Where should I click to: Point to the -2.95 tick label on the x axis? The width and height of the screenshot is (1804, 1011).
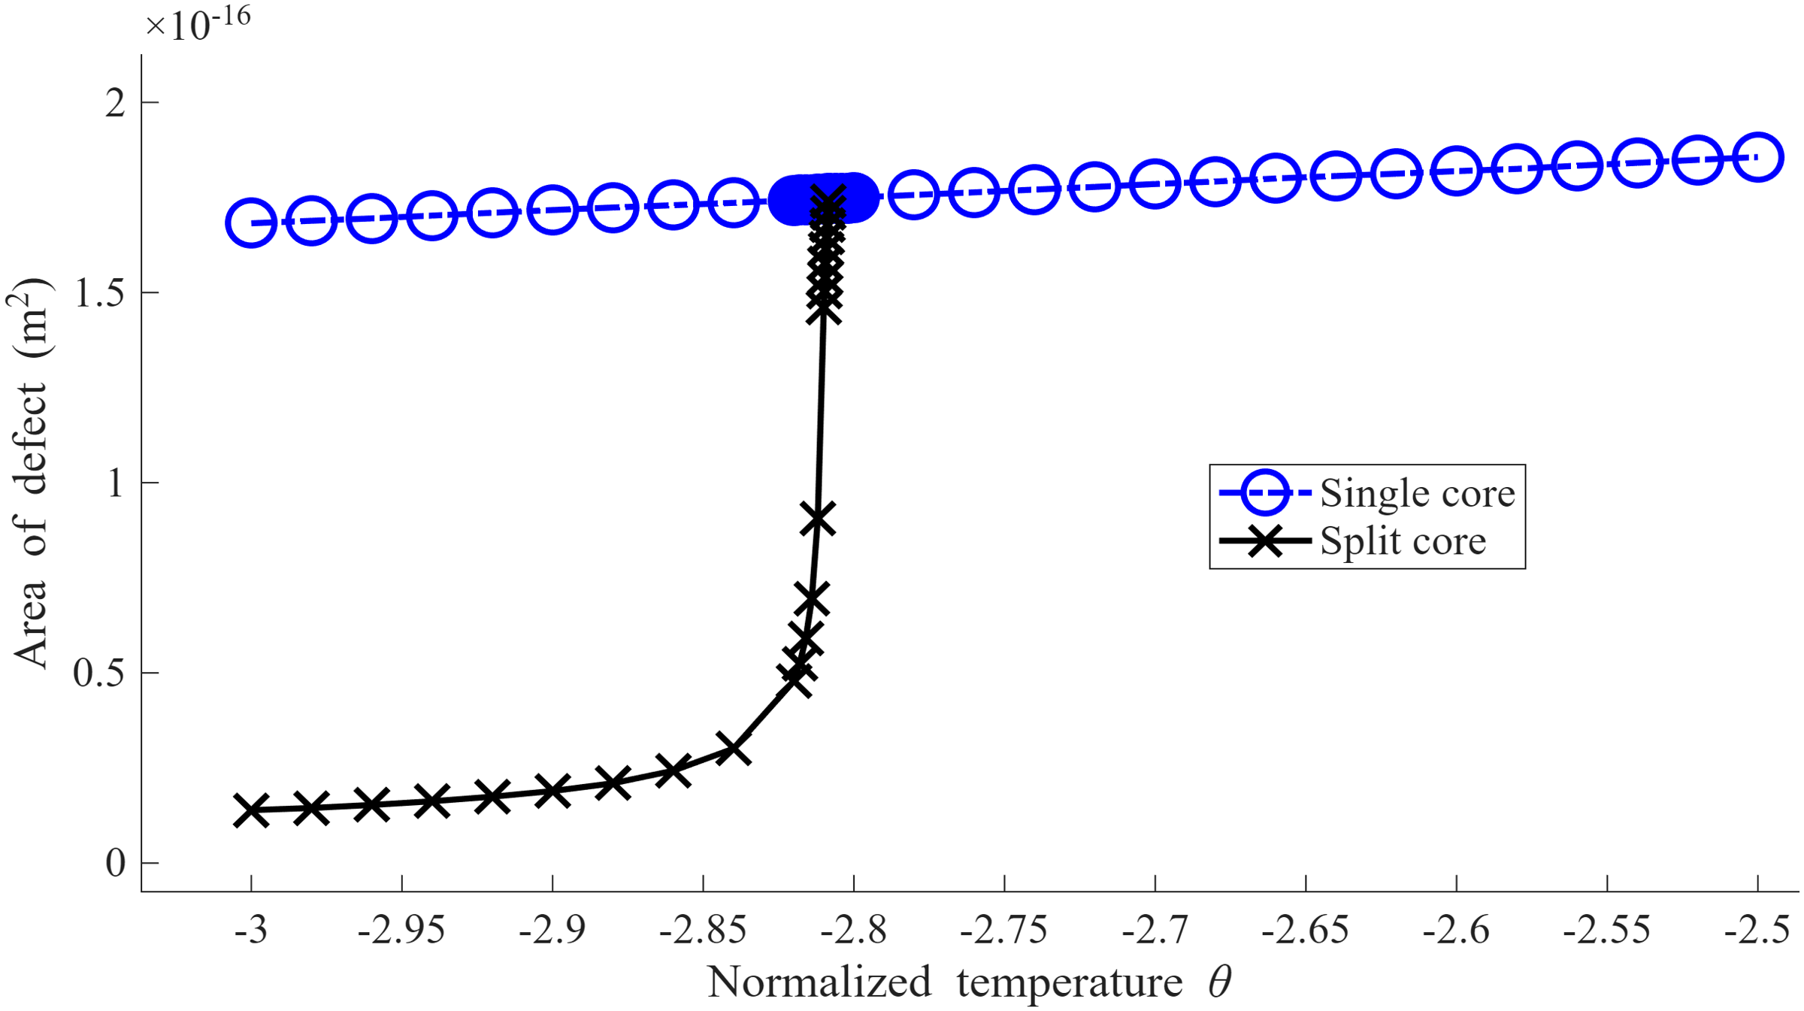point(401,931)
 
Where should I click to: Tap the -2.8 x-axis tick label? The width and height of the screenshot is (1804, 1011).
point(853,931)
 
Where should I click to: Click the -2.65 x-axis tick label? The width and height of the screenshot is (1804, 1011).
point(1305,931)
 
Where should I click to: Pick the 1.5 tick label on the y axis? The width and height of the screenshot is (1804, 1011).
point(99,292)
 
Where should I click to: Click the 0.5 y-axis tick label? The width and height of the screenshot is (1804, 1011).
point(99,673)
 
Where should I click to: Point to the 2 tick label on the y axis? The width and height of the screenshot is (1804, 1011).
point(115,103)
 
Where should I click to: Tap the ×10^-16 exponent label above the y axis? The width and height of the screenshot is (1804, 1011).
point(198,23)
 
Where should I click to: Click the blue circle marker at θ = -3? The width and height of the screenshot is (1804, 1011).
point(251,223)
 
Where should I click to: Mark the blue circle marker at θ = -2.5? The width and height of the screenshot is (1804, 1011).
point(1758,157)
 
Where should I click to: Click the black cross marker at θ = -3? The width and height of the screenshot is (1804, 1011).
point(251,810)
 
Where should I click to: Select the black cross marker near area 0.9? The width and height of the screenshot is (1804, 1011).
point(818,519)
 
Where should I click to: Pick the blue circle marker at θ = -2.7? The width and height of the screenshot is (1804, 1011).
point(1155,183)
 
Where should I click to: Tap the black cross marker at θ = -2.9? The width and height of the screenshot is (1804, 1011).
point(552,791)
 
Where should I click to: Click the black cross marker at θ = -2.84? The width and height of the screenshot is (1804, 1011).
point(733,749)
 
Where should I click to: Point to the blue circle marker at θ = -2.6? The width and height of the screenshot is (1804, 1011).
point(1456,171)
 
